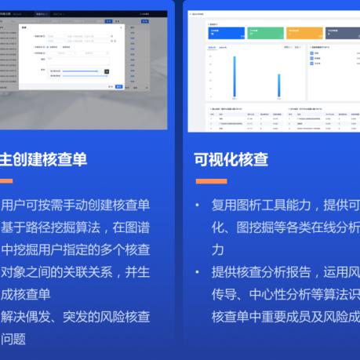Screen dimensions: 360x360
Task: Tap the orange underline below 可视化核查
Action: coord(210,181)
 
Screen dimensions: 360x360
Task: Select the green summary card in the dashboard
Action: coord(263,33)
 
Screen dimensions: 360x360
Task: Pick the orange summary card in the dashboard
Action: coord(303,33)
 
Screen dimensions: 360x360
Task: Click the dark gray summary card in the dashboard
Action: coord(342,33)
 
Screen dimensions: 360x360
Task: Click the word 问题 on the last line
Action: coord(13,340)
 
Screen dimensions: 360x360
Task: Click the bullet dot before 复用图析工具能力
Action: coord(198,205)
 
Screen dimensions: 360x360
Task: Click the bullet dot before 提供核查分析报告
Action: coord(198,273)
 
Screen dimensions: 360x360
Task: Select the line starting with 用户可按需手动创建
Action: coord(75,205)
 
